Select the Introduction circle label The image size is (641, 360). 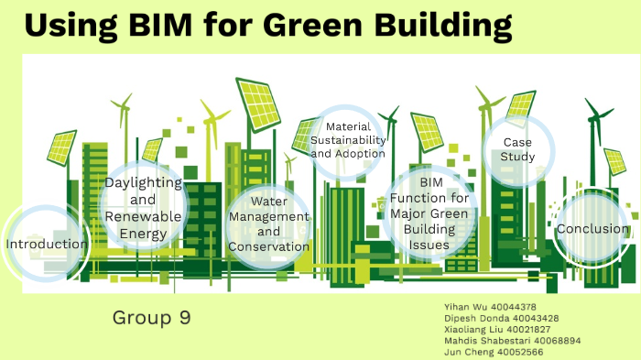(47, 245)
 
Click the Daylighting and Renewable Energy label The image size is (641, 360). (143, 208)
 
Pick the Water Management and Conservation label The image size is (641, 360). (269, 224)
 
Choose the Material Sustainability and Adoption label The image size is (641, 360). (348, 140)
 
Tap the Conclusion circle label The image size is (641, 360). (592, 229)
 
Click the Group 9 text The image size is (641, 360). (151, 318)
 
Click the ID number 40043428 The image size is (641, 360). (531, 318)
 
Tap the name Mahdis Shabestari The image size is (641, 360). (473, 340)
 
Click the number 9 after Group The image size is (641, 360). (185, 318)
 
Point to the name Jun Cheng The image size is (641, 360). (455, 351)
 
